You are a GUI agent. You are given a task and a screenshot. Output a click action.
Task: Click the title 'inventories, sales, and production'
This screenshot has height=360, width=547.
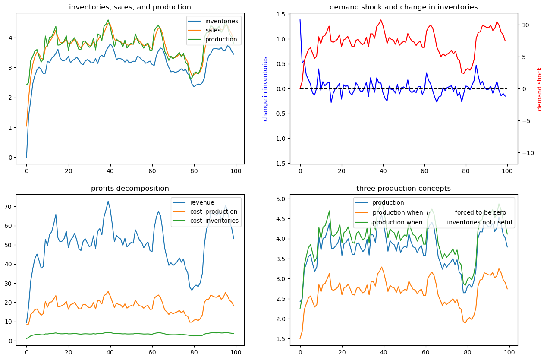[x=130, y=7]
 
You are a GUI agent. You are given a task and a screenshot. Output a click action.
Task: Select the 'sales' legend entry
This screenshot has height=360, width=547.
[x=213, y=30]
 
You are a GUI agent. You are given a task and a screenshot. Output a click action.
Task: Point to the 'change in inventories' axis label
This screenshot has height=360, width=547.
[x=265, y=88]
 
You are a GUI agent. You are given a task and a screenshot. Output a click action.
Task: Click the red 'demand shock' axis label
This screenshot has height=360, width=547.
[x=539, y=88]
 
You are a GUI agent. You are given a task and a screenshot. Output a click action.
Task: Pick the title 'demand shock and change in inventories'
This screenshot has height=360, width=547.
[x=403, y=7]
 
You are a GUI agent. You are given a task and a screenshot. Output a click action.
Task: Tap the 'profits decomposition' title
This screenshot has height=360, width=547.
[x=130, y=188]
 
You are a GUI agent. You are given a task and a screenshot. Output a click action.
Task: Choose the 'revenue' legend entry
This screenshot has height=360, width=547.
[x=202, y=202]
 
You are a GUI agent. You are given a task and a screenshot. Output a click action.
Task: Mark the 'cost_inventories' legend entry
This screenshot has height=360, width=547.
[x=214, y=221]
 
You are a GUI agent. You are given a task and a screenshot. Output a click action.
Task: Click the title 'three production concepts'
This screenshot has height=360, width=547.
[x=403, y=188]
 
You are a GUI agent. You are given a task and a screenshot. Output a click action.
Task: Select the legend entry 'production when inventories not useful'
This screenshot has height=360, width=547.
[x=442, y=223]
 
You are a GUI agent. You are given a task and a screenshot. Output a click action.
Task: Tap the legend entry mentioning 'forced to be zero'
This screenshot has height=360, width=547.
[x=439, y=212]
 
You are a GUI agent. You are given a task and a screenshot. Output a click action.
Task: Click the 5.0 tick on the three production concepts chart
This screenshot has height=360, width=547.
[x=280, y=199]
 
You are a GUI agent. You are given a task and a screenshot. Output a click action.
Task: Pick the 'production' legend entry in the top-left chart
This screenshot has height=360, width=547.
[x=221, y=40]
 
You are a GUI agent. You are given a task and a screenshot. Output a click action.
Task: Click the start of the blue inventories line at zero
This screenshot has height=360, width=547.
[x=26, y=157]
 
